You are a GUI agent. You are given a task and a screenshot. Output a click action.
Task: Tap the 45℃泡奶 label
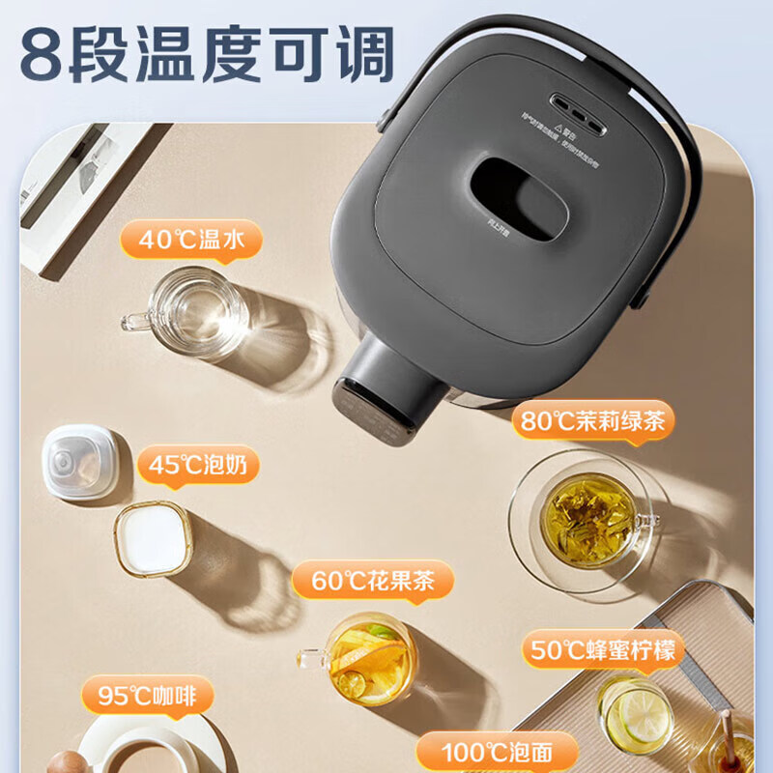(198, 466)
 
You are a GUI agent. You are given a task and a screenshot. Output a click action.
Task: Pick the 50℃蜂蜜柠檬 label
(604, 647)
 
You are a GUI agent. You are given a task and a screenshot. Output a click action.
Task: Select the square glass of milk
(153, 538)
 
